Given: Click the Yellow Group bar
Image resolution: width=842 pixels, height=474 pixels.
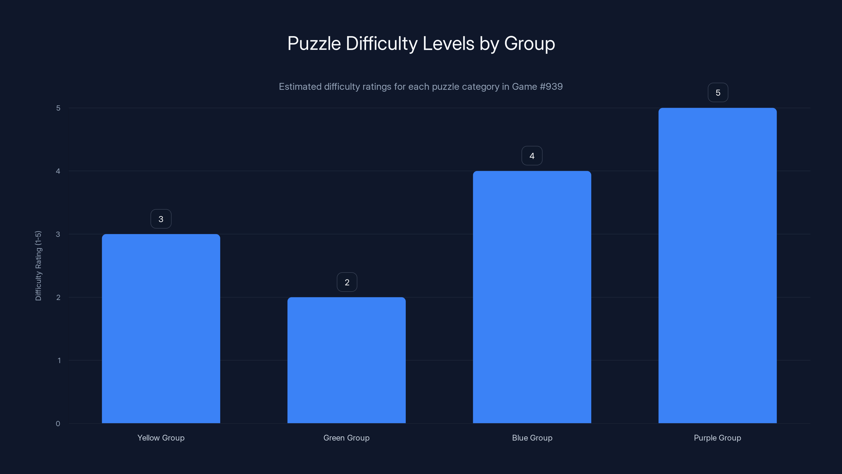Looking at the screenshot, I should click(161, 328).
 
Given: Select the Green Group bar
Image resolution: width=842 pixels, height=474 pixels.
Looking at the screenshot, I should click(347, 360).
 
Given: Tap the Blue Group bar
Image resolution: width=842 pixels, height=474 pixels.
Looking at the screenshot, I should click(532, 297).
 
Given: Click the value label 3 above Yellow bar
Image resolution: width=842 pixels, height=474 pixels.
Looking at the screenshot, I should click(161, 219).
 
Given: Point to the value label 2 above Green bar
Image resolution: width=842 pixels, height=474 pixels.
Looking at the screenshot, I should click(347, 282).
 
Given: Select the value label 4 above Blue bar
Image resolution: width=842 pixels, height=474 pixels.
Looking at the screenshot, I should click(532, 156).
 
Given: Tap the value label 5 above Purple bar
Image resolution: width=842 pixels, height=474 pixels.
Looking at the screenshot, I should click(718, 93).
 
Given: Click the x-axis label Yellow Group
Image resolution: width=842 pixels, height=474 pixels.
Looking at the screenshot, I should click(161, 438).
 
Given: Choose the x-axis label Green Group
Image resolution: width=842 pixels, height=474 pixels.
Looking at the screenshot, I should click(347, 438).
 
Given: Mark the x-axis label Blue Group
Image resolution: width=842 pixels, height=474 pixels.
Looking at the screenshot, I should click(532, 438).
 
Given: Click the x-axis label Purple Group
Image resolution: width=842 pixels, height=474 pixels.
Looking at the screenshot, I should click(718, 438).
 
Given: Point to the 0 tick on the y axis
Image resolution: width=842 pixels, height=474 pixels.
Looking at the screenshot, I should click(58, 424).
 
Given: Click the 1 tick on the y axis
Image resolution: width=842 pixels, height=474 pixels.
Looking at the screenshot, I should click(59, 361).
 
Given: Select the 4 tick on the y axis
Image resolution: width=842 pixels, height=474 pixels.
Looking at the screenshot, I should click(58, 171).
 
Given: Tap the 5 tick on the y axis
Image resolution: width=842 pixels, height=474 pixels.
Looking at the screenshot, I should click(58, 108).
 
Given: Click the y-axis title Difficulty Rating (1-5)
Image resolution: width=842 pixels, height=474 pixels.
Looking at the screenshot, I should click(38, 266).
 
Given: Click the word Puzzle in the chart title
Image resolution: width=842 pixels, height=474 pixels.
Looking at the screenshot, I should click(314, 43).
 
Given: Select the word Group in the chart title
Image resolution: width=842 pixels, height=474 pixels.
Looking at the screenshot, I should click(529, 43).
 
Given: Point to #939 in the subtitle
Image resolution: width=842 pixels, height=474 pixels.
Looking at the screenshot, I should click(551, 86).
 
